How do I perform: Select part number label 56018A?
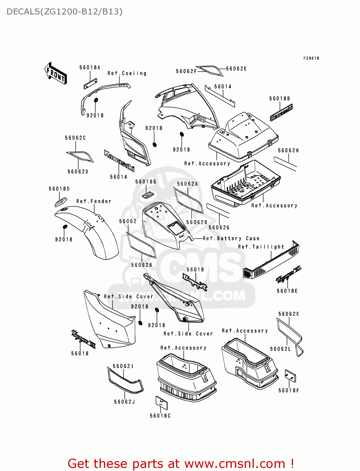click(90, 68)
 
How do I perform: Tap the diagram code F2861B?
click(311, 58)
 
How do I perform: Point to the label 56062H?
click(288, 151)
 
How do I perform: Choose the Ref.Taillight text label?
click(261, 247)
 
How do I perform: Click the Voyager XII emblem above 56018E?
click(288, 275)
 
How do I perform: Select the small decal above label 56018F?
click(290, 376)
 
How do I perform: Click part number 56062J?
click(124, 402)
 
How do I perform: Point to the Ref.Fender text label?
click(94, 201)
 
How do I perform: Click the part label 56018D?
click(59, 189)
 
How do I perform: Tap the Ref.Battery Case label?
click(231, 239)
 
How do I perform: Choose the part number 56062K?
click(289, 314)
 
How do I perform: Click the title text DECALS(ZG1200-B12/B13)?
click(64, 12)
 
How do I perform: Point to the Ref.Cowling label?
click(127, 73)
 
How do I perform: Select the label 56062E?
click(236, 69)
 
